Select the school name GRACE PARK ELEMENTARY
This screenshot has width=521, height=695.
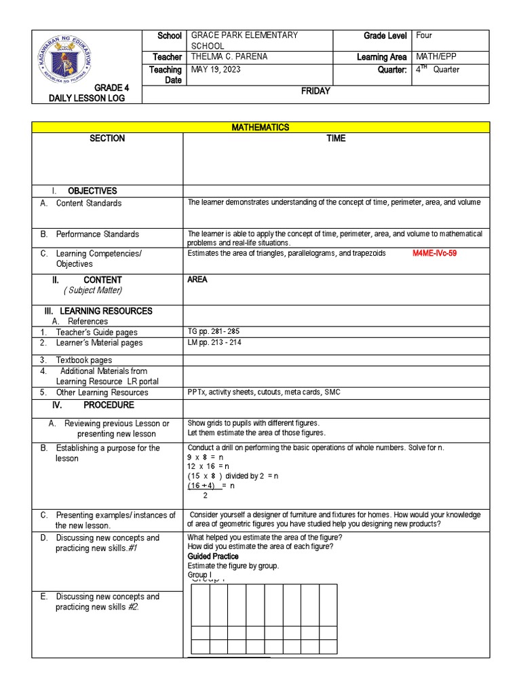245,35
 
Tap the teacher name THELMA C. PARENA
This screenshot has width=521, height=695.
230,57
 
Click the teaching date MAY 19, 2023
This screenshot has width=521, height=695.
216,69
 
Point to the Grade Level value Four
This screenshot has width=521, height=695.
425,35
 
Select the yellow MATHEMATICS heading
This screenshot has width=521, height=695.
260,127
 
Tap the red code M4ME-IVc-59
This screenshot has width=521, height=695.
440,253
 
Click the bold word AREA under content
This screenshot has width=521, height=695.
197,280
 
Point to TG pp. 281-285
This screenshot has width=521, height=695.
213,331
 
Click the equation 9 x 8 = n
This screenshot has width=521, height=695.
206,457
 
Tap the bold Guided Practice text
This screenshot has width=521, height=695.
213,557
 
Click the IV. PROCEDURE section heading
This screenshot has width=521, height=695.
94,405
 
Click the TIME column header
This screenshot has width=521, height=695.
336,138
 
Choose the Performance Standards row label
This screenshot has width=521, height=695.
97,234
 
